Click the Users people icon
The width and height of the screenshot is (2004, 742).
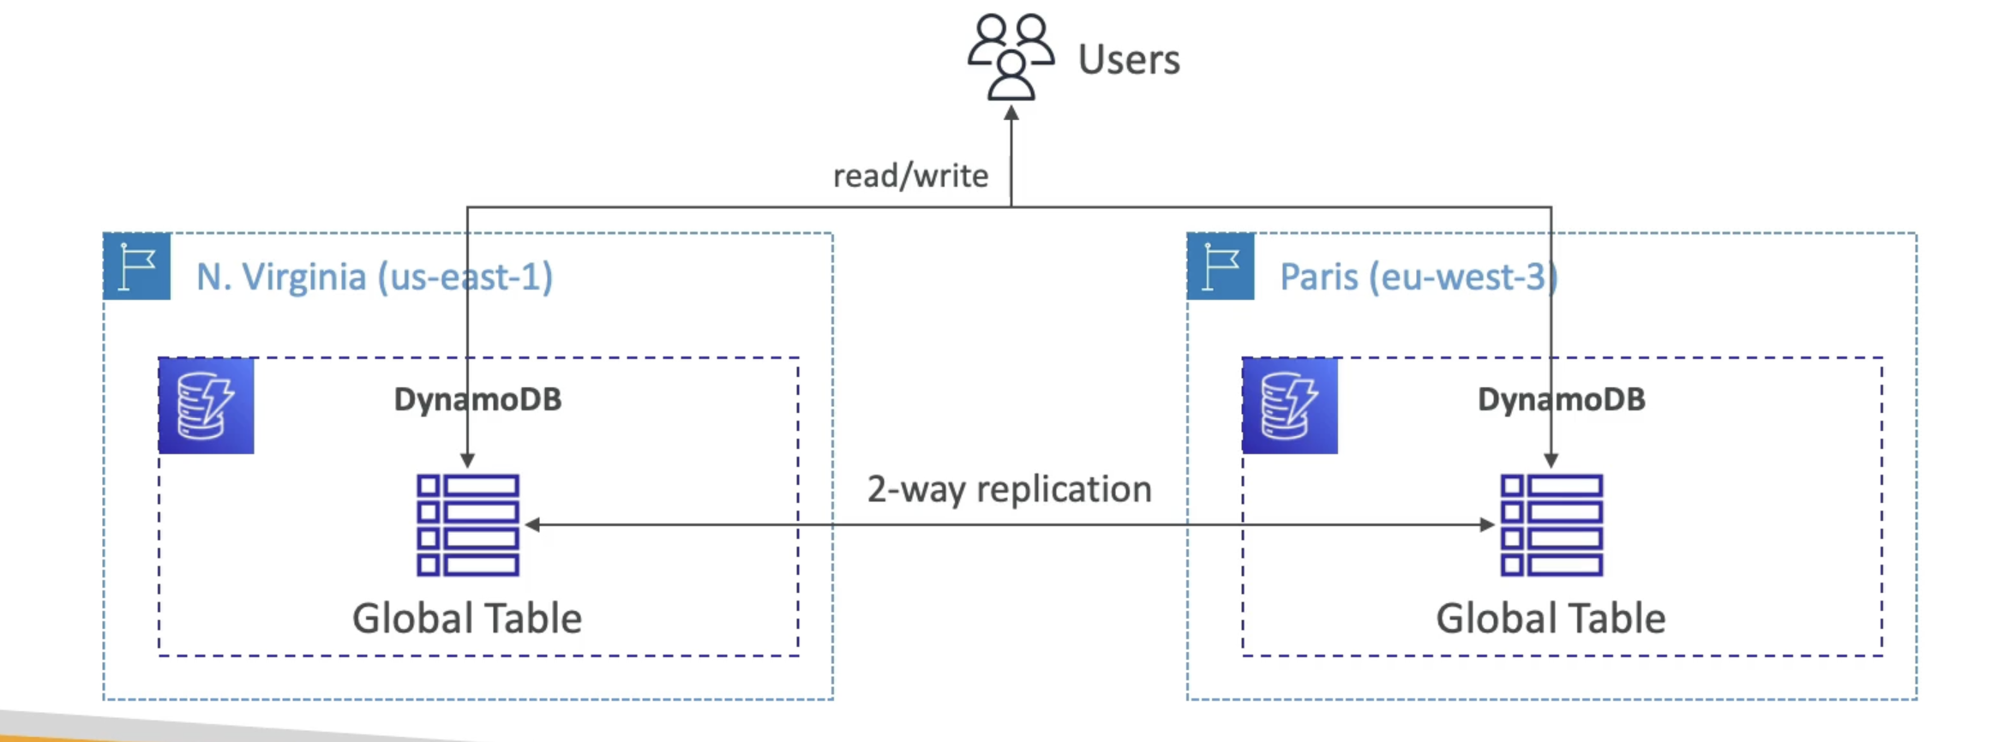point(1011,57)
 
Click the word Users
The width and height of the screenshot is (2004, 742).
point(1128,60)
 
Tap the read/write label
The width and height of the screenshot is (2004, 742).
point(910,176)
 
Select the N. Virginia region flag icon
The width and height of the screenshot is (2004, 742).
point(137,266)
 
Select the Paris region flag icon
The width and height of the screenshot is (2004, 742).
point(1221,266)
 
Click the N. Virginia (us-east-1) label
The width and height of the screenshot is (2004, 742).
point(375,277)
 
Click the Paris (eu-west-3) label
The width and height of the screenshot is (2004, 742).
point(1419,277)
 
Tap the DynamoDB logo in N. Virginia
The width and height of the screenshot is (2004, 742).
point(207,406)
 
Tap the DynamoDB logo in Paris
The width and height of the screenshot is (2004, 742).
point(1290,406)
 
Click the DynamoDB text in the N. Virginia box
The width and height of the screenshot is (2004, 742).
point(477,399)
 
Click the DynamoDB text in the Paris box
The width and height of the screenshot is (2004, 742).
point(1561,399)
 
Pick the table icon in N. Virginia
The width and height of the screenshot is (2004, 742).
point(468,524)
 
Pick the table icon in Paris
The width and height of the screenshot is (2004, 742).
point(1551,524)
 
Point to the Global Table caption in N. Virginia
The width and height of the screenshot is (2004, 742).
point(467,618)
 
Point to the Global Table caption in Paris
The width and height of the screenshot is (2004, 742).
point(1551,618)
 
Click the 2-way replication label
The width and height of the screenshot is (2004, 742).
point(1009,489)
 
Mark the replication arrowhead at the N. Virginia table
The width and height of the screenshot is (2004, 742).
point(532,524)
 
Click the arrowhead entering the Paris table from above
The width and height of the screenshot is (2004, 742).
point(1551,460)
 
